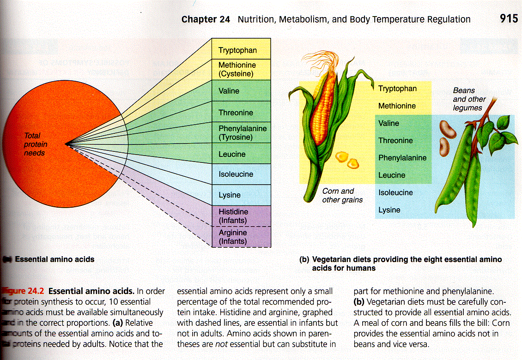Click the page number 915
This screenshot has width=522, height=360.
[509, 19]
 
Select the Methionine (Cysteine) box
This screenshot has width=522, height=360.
[241, 69]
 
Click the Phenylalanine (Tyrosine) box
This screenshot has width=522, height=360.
[241, 133]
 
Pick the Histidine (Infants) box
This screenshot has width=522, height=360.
[241, 216]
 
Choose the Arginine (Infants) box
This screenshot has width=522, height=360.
[241, 237]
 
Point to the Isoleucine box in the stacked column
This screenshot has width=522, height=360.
[241, 174]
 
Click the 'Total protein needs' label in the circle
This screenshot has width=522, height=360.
[35, 144]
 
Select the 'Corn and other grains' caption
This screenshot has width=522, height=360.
[342, 195]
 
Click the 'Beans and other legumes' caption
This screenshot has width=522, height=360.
[469, 99]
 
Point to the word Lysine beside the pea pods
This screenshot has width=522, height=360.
[389, 210]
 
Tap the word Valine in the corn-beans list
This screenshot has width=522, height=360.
[388, 123]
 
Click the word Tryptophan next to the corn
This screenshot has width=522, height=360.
[397, 89]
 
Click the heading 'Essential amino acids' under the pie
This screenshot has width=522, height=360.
[55, 259]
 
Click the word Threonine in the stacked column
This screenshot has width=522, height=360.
[236, 113]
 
